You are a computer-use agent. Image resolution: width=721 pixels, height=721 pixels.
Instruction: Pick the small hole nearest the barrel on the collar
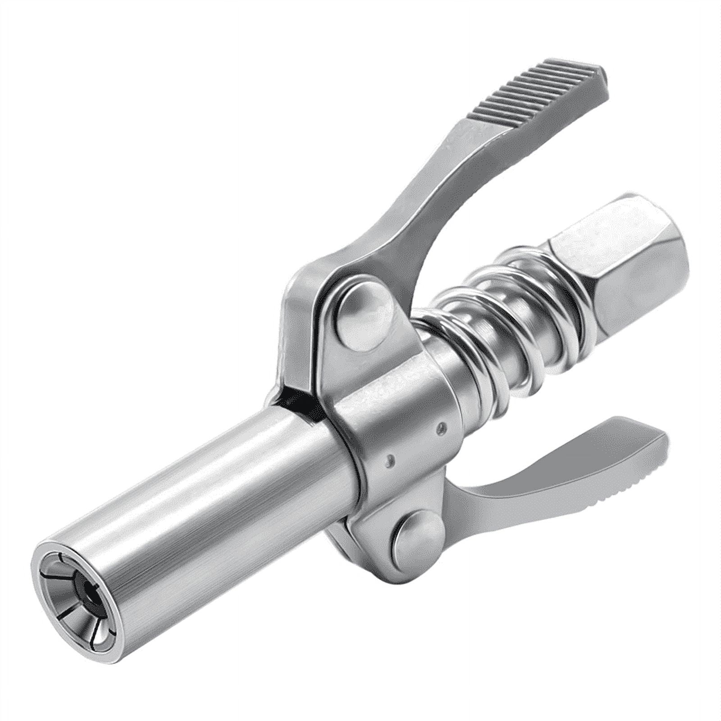pos(390,460)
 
